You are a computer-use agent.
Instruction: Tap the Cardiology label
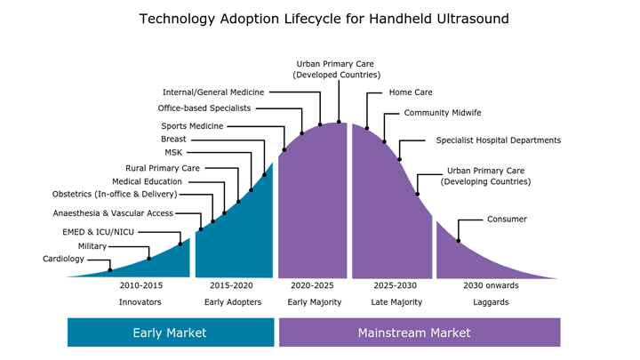(63, 259)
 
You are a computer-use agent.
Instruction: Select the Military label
(92, 245)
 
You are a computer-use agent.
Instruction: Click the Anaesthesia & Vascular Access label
(125, 213)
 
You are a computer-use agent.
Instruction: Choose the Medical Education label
(148, 181)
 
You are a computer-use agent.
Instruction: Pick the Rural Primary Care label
(163, 167)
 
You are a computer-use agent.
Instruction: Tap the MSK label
(173, 152)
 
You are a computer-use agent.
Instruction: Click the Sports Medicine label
(192, 126)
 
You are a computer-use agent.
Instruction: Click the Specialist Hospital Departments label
(498, 140)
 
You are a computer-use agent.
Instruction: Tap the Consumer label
(507, 219)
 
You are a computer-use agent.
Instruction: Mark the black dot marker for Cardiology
(110, 269)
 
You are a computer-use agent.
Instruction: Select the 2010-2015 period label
(140, 286)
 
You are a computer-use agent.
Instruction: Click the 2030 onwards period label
(491, 286)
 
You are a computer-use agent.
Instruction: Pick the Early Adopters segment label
(233, 302)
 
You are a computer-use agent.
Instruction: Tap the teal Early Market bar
(170, 332)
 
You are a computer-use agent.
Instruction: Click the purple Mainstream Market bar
(420, 332)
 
